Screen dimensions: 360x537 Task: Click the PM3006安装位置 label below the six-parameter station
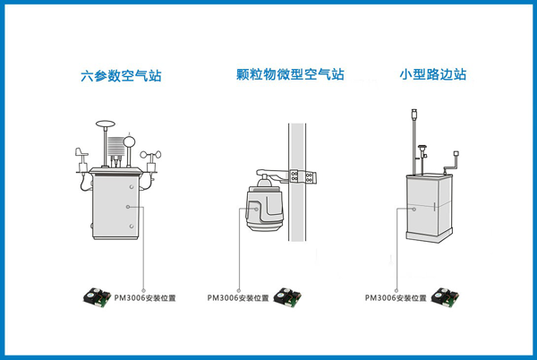pos(144,297)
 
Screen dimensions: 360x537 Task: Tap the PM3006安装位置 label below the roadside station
pos(396,297)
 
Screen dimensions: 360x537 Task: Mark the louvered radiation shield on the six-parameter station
pos(115,147)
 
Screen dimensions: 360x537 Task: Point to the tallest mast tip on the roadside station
pos(415,115)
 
